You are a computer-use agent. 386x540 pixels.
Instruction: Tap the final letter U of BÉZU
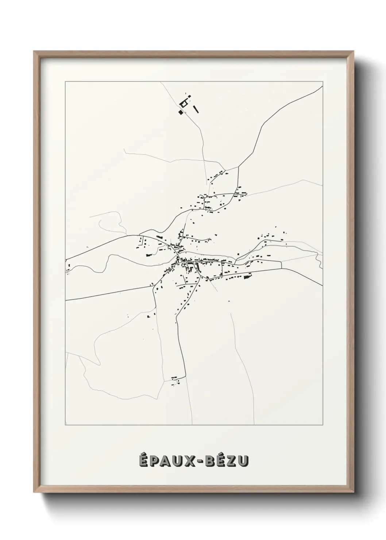(x=246, y=462)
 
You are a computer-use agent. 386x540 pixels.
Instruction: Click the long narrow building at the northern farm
(x=196, y=109)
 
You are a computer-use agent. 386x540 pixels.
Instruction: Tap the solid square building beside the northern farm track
(x=181, y=112)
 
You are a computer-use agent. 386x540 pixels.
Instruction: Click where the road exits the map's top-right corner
(x=322, y=86)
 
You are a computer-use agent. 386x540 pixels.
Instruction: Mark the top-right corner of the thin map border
(x=323, y=82)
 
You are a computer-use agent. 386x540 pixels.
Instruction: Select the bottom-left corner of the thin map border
(x=65, y=425)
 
